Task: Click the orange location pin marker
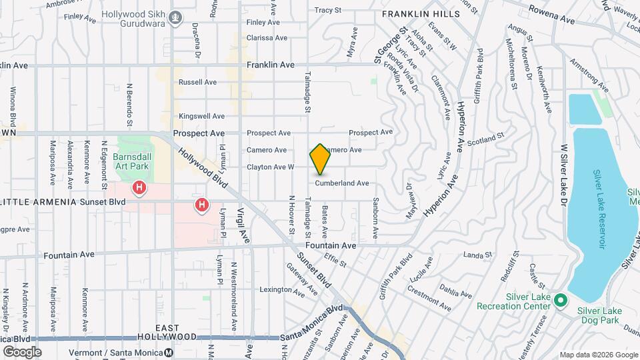(320, 159)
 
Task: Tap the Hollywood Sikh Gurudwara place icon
(175, 18)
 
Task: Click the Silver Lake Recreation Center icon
(561, 301)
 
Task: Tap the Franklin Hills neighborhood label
(421, 13)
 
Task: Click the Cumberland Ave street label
(342, 183)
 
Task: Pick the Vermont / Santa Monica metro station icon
(169, 352)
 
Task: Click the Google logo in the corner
(22, 351)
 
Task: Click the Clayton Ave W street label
(270, 167)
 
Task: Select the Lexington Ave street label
(282, 290)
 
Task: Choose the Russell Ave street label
(197, 83)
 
